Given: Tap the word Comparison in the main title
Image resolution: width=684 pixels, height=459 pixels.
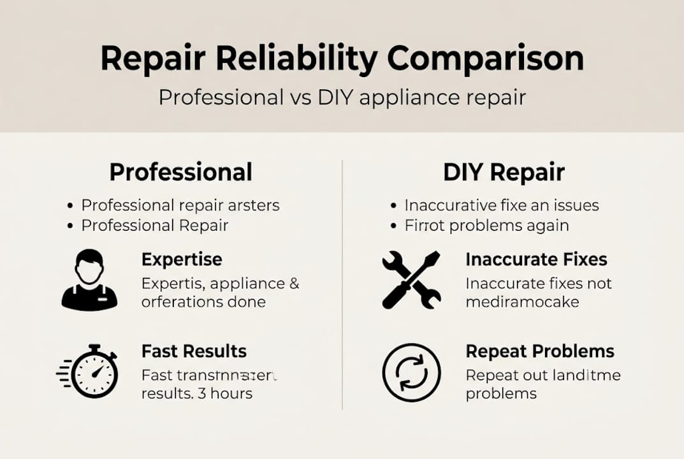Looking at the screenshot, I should click(486, 59).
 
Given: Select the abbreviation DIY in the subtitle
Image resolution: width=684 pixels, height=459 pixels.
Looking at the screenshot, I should click(337, 98).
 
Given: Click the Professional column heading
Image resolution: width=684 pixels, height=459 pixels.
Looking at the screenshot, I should click(180, 172).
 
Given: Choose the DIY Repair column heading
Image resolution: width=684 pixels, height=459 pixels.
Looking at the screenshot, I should click(504, 172).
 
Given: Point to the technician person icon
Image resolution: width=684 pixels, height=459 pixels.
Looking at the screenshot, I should click(89, 280).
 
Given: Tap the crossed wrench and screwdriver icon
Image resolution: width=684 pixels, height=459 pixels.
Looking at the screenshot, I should click(411, 280).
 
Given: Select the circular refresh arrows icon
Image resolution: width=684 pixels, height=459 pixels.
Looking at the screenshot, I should click(411, 372).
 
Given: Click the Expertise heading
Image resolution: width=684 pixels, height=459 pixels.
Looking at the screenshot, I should click(182, 259).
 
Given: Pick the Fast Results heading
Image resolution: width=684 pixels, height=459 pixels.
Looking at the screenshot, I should click(194, 351).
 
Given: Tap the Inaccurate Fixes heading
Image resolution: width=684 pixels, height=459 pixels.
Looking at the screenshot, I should click(536, 259).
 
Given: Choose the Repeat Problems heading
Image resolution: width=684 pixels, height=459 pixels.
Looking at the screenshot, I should click(540, 351).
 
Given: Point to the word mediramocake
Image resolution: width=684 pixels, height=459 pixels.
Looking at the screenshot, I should click(522, 302).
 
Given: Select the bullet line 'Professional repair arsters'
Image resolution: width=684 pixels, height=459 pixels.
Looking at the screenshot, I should click(180, 205).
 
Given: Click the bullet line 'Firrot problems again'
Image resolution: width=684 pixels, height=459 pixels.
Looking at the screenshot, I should click(486, 226).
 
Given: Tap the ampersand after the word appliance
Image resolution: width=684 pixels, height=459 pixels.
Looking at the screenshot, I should click(294, 284).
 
